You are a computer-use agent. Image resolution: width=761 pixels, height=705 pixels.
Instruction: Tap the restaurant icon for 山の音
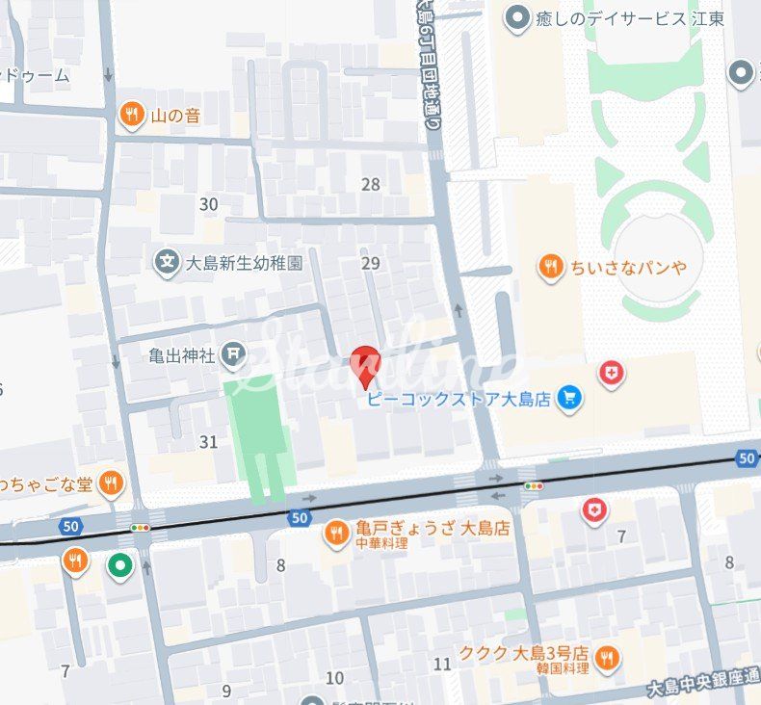132,116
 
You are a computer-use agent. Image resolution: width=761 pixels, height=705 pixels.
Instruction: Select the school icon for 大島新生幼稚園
168,261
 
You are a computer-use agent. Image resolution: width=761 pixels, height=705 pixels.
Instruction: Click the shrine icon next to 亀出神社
233,355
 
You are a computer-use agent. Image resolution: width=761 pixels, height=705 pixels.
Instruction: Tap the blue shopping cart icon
569,399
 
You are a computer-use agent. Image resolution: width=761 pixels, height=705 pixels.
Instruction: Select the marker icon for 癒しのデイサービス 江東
519,17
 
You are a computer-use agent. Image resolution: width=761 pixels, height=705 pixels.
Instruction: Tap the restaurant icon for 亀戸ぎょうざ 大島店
336,532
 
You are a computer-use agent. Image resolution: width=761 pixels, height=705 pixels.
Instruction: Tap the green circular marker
119,566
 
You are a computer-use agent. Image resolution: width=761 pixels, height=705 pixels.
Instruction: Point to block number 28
370,185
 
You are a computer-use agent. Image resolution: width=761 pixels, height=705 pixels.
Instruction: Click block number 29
370,263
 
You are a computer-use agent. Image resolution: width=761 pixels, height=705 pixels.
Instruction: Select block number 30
208,204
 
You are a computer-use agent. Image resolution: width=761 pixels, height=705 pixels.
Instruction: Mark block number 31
208,442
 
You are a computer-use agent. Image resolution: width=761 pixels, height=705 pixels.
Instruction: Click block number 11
442,664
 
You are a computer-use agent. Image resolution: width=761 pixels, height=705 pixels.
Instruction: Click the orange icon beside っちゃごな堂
113,483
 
